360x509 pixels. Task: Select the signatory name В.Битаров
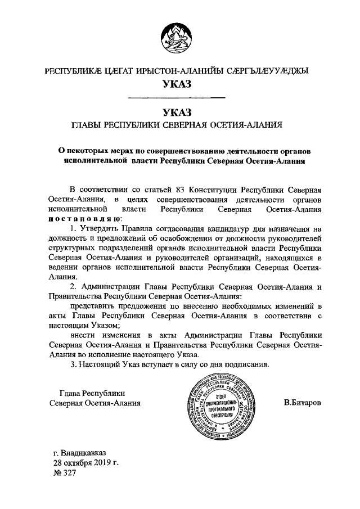click(303, 403)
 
